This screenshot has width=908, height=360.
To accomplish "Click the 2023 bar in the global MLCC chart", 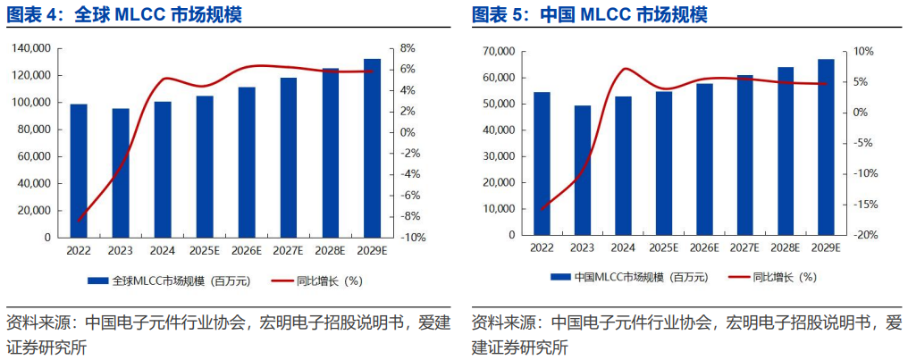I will (121, 173).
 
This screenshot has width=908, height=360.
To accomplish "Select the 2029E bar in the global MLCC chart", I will (372, 148).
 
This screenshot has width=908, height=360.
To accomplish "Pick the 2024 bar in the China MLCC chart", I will (624, 165).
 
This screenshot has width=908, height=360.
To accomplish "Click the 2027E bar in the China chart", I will (744, 155).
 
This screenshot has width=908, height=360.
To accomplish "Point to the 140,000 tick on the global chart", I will (31, 48).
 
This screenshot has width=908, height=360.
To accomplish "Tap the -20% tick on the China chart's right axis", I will (863, 235).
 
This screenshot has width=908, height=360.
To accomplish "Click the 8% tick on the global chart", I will (407, 48).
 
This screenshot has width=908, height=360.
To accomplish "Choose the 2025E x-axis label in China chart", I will (663, 247).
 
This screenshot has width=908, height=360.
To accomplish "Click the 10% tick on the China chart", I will (860, 52).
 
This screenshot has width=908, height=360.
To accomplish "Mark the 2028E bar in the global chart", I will (331, 153).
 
